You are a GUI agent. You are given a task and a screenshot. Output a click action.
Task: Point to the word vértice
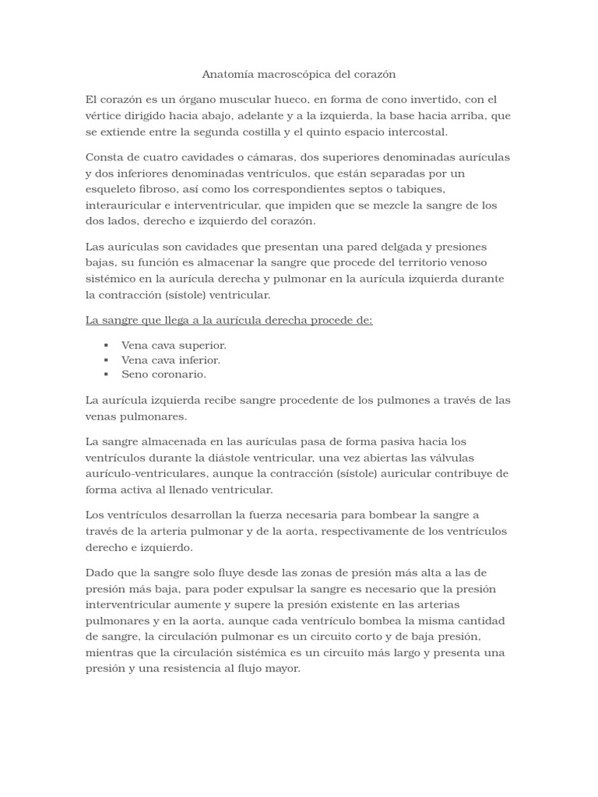click(105, 116)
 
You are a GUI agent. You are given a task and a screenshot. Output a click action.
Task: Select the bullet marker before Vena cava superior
click(105, 345)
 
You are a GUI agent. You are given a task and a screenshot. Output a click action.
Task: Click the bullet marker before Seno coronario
click(105, 374)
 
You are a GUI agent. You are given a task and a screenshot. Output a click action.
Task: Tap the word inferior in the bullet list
click(198, 360)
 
